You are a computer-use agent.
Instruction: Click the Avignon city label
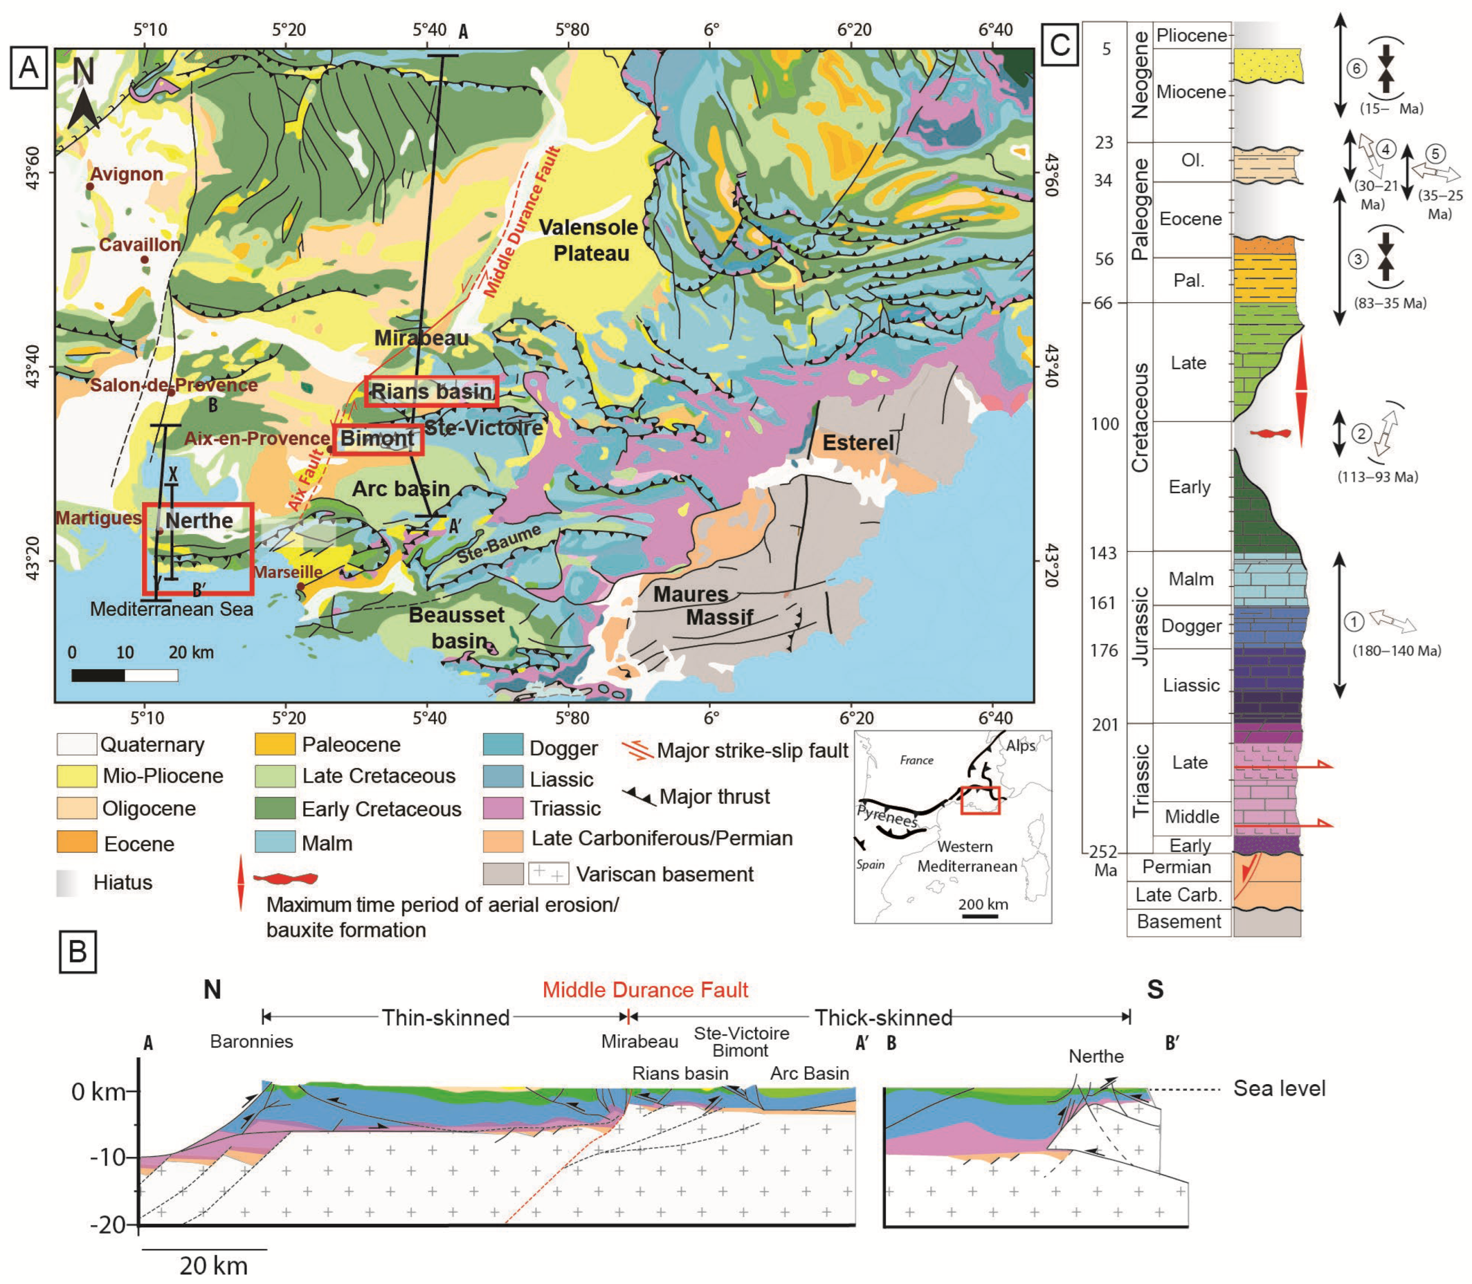(126, 174)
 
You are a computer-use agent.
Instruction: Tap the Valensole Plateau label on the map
(589, 240)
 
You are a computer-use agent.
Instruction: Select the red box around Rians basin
(431, 391)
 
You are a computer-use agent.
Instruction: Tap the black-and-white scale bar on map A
(125, 675)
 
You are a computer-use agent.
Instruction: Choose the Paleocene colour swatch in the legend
(275, 744)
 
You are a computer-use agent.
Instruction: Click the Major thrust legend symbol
(639, 796)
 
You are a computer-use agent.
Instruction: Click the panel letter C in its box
(1059, 44)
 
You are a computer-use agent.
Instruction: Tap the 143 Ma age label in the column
(1103, 552)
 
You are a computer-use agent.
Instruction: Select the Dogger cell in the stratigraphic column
(1191, 625)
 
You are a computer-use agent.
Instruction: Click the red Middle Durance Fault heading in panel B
(644, 990)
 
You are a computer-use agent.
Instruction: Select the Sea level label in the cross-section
(1279, 1089)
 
